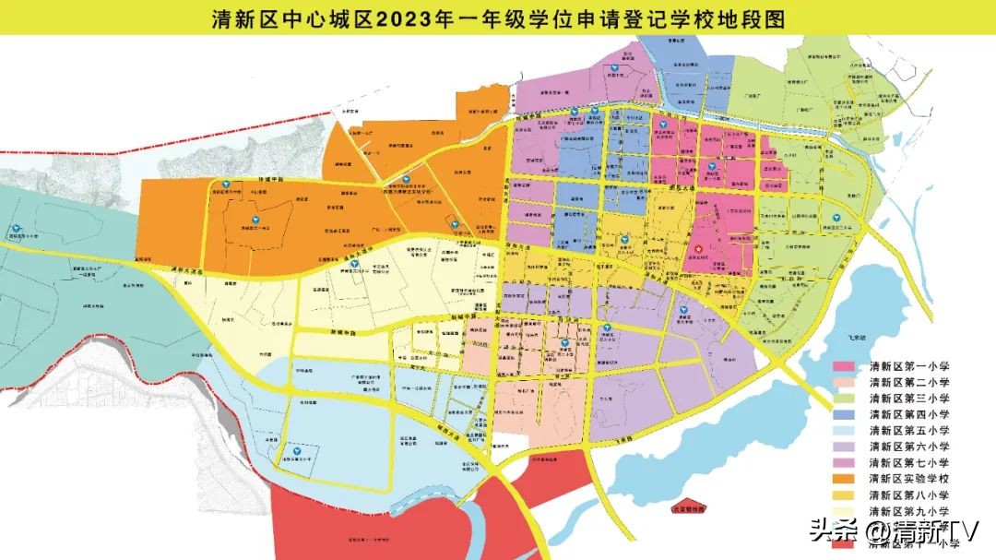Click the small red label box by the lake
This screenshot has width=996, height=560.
coord(688,506)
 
